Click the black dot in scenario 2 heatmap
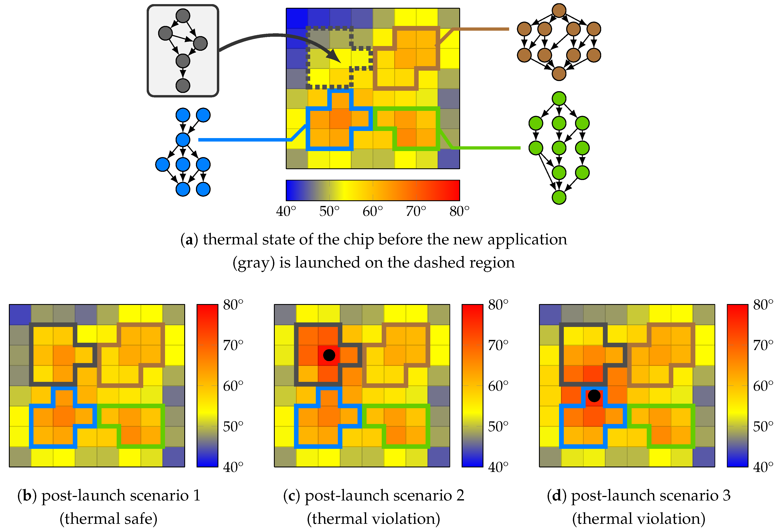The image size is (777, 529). (329, 355)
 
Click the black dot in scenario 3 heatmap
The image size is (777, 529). (594, 396)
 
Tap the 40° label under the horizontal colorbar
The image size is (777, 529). (286, 211)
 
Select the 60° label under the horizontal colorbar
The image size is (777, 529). (372, 211)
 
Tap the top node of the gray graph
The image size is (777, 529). (183, 16)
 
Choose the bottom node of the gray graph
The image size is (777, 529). (183, 85)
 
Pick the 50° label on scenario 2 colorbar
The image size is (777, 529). (498, 426)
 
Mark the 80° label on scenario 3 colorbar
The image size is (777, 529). (763, 305)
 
